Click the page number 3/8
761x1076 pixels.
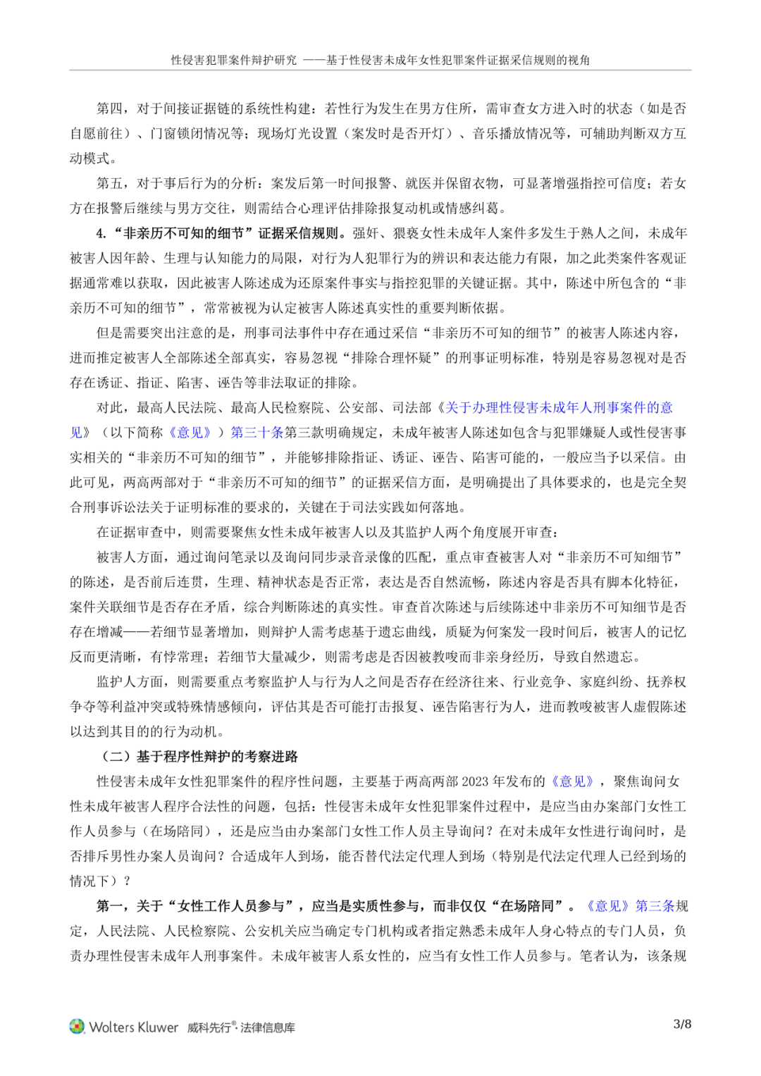[682, 1024]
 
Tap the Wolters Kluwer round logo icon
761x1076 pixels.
[77, 1027]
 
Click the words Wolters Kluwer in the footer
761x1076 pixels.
[134, 1027]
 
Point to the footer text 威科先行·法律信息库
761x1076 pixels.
[241, 1027]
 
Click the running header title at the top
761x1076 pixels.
[380, 60]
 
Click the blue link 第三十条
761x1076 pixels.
[257, 433]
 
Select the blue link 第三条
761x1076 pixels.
[655, 906]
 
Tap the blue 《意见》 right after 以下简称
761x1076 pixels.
[190, 433]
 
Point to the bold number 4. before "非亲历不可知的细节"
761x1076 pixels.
[101, 233]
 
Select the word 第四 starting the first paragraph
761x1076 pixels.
[110, 109]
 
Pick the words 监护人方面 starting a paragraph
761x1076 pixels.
[130, 682]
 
